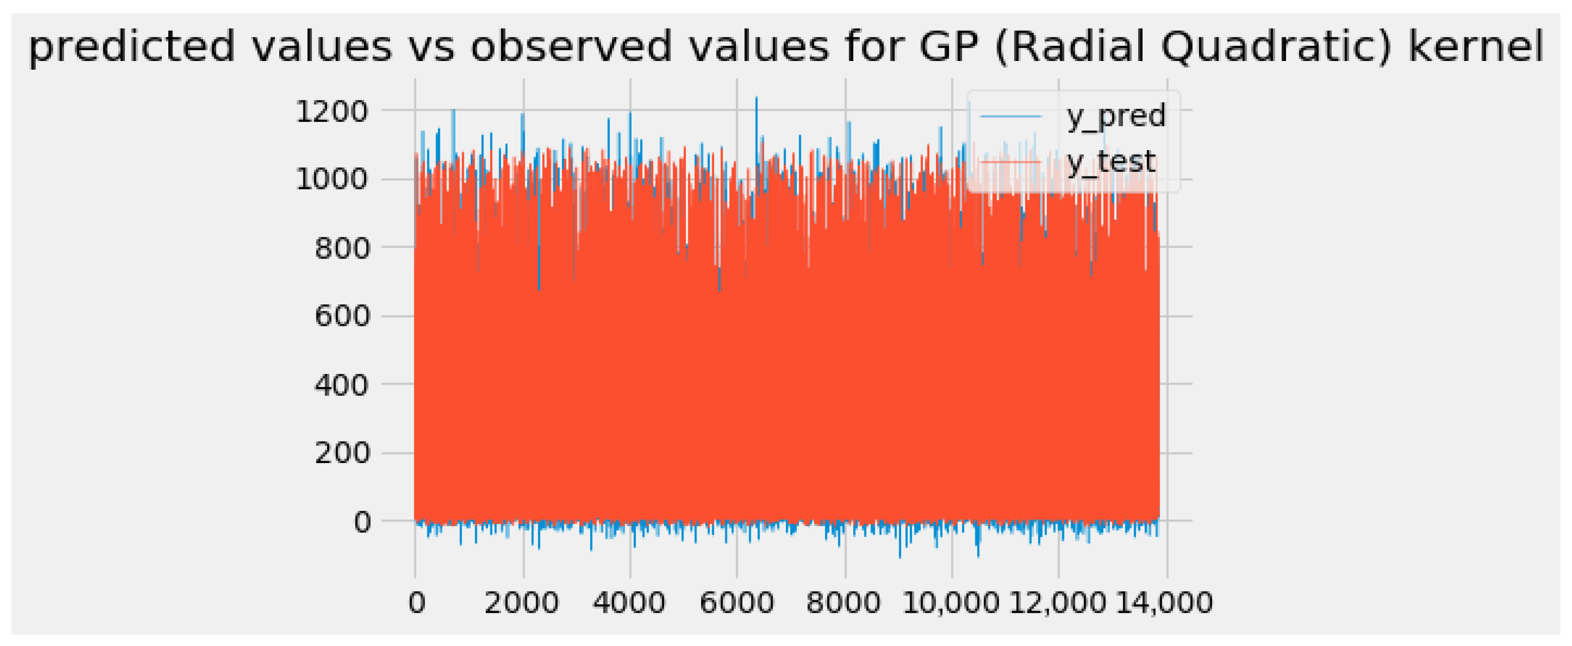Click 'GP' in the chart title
[949, 46]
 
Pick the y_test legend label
[1111, 162]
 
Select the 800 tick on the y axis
[342, 248]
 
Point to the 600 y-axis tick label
[342, 316]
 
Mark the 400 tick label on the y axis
[342, 385]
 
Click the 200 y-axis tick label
[342, 453]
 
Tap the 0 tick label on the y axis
[362, 522]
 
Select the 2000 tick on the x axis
[522, 603]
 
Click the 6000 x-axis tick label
[736, 603]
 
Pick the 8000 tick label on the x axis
[843, 603]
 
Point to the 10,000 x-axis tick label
[951, 603]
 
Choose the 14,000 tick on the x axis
[1165, 603]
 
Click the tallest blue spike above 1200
[757, 99]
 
